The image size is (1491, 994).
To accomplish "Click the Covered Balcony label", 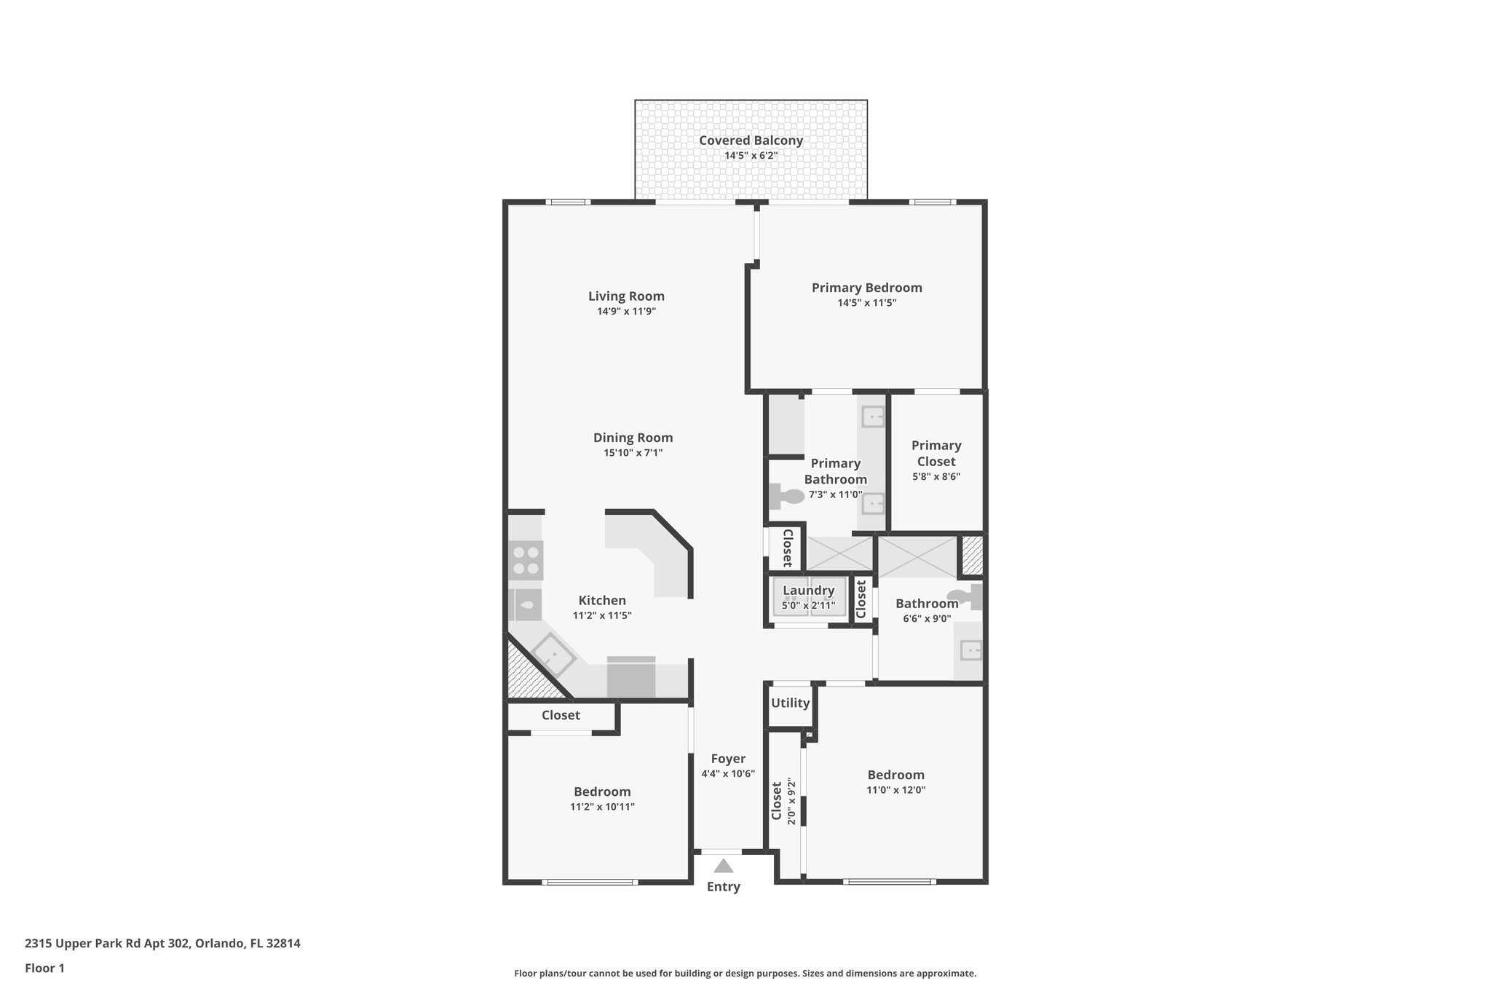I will pyautogui.click(x=751, y=141).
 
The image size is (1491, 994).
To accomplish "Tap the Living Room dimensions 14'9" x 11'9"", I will pyautogui.click(x=626, y=311).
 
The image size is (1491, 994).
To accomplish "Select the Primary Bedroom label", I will pyautogui.click(x=866, y=288).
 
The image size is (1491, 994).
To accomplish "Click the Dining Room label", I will pyautogui.click(x=633, y=438).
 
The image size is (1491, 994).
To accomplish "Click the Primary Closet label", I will pyautogui.click(x=936, y=453).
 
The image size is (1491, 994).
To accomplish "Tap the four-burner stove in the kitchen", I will pyautogui.click(x=526, y=561).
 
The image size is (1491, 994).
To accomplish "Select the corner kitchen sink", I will pyautogui.click(x=553, y=654).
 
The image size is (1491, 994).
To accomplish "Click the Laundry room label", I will pyautogui.click(x=808, y=591).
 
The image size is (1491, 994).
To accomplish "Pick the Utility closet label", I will pyautogui.click(x=790, y=703).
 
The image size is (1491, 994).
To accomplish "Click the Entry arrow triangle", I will pyautogui.click(x=723, y=866).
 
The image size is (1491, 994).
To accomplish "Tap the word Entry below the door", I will pyautogui.click(x=723, y=886).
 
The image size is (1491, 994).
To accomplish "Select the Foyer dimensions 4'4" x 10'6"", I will pyautogui.click(x=728, y=774).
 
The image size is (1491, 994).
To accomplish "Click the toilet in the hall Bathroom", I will pyautogui.click(x=971, y=597).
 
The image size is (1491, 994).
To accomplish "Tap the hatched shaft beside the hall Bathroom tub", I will pyautogui.click(x=973, y=556).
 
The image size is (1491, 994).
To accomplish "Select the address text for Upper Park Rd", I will pyautogui.click(x=162, y=943).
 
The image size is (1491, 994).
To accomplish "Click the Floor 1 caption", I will pyautogui.click(x=44, y=968).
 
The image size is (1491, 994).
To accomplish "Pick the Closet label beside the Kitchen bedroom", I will pyautogui.click(x=561, y=715).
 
